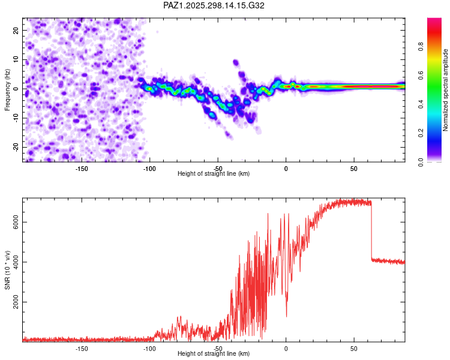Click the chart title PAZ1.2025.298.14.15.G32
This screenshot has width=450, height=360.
click(x=214, y=5)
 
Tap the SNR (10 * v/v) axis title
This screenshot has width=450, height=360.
click(x=8, y=271)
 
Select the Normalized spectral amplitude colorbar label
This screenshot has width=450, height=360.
click(x=445, y=90)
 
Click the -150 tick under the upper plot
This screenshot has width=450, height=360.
click(x=82, y=168)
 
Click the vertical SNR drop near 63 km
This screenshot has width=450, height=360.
click(x=371, y=231)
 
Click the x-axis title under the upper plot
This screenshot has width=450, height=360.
click(x=214, y=174)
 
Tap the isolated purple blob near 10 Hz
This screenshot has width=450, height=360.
click(x=236, y=62)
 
